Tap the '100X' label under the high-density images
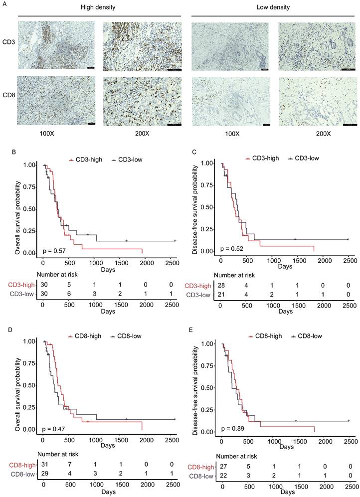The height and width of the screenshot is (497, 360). coord(54,134)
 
